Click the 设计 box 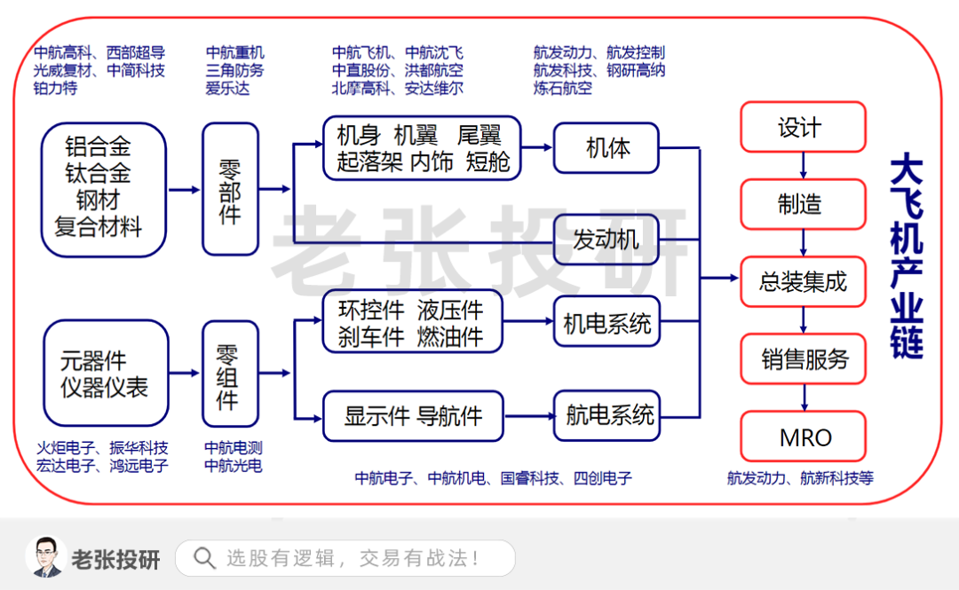pyautogui.click(x=803, y=128)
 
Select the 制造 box pyautogui.click(x=803, y=204)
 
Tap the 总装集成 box pyautogui.click(x=803, y=282)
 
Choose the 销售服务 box pyautogui.click(x=803, y=359)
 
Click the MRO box pyautogui.click(x=803, y=437)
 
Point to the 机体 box pyautogui.click(x=607, y=148)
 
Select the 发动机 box pyautogui.click(x=607, y=240)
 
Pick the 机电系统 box pyautogui.click(x=607, y=324)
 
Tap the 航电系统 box pyautogui.click(x=607, y=415)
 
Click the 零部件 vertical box pyautogui.click(x=230, y=189)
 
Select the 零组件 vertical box pyautogui.click(x=230, y=374)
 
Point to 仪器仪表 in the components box pyautogui.click(x=104, y=388)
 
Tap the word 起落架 pyautogui.click(x=369, y=162)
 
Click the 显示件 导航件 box pyautogui.click(x=413, y=415)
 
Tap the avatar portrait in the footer pyautogui.click(x=45, y=557)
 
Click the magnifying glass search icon pyautogui.click(x=204, y=558)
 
